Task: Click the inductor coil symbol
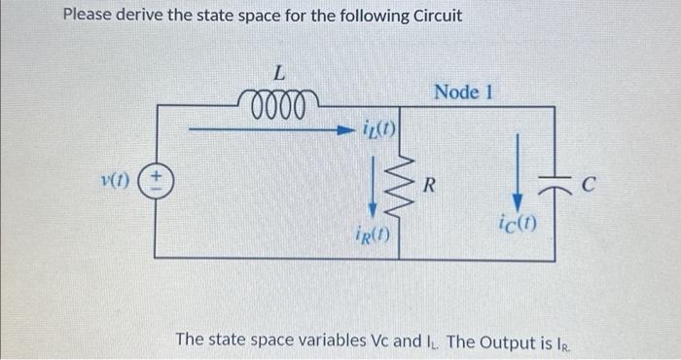click(x=276, y=100)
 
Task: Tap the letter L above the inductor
click(x=278, y=72)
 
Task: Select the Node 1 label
click(x=464, y=92)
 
